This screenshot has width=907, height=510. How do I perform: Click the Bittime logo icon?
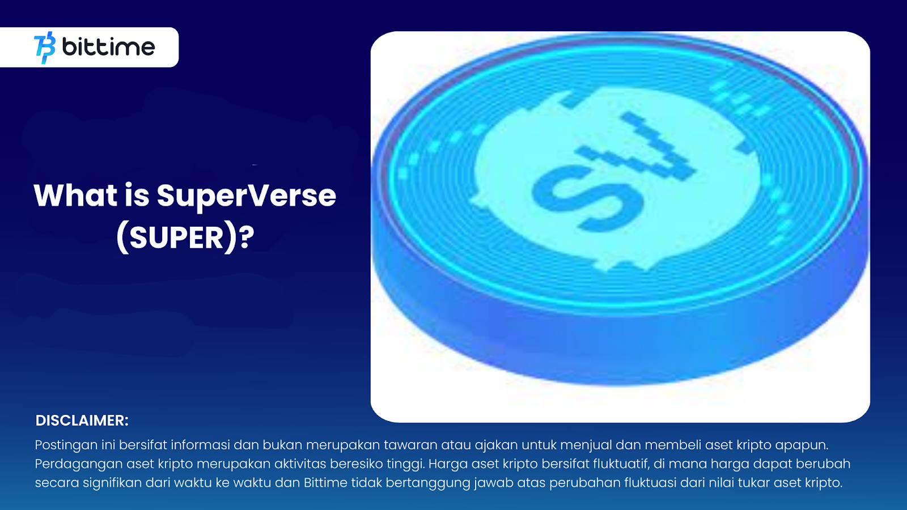pos(45,48)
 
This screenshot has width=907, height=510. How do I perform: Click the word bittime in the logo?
pos(108,47)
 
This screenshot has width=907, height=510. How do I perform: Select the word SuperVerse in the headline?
pos(246,197)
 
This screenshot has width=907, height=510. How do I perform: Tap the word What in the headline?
pos(76,195)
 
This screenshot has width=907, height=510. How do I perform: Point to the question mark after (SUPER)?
pos(246,237)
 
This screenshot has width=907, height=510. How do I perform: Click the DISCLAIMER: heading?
pos(82,420)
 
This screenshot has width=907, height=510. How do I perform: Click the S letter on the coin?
pos(587,198)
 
